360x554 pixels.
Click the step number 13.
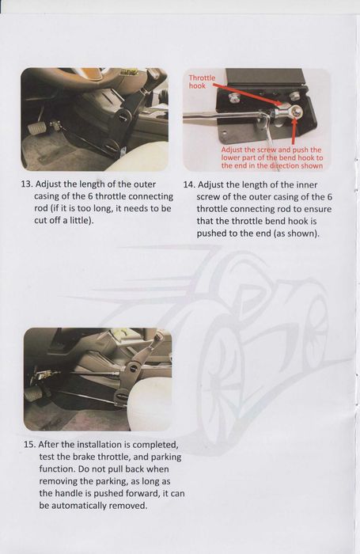tap(27, 184)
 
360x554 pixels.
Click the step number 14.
tap(189, 184)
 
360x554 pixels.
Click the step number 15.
tap(29, 445)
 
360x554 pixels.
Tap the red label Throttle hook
tap(202, 82)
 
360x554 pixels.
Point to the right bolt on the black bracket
tap(295, 97)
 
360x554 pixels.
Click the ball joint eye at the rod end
tap(295, 112)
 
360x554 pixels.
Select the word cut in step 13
tap(40, 221)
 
